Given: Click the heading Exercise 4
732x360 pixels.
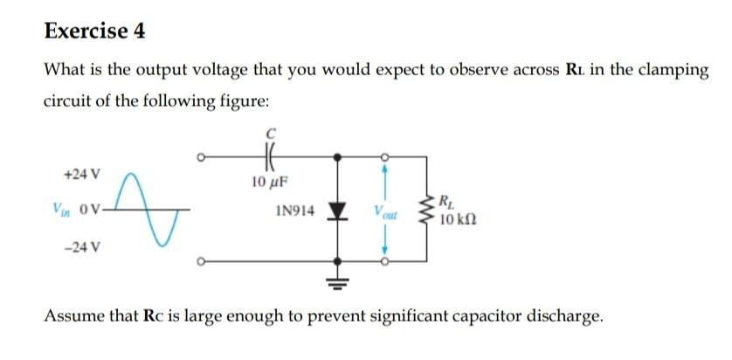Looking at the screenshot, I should (x=94, y=31).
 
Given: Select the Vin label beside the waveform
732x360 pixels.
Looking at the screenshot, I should (x=59, y=210).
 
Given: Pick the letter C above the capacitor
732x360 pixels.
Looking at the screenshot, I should (x=271, y=134).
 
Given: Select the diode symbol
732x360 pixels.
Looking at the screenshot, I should (x=338, y=211).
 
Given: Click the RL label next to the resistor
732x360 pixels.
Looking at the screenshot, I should (x=447, y=200).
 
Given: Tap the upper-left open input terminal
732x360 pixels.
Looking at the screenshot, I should (x=200, y=157).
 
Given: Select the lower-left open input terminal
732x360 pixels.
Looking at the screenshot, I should (x=200, y=260).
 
